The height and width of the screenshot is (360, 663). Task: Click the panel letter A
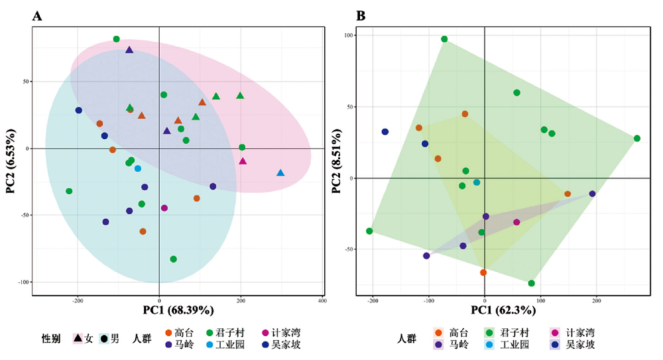tap(38, 16)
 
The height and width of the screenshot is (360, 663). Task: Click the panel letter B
tap(361, 16)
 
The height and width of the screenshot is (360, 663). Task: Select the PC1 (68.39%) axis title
tap(177, 310)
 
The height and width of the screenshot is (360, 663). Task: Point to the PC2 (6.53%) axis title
tap(12, 160)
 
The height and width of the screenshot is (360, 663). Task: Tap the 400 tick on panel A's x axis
tap(322, 300)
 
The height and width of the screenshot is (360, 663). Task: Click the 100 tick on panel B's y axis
tap(348, 35)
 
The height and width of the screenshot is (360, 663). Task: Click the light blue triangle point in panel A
tap(280, 173)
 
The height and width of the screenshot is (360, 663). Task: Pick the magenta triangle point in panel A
tap(243, 161)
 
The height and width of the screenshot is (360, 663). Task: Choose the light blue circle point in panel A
tap(138, 168)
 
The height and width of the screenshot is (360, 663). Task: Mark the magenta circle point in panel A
tap(164, 208)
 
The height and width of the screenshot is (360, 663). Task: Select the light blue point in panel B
tap(477, 182)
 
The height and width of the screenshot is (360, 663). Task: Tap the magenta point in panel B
tap(516, 222)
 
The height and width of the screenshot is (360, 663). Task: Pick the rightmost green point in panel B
tap(636, 139)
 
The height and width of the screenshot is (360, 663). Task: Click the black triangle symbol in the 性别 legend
tap(78, 338)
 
